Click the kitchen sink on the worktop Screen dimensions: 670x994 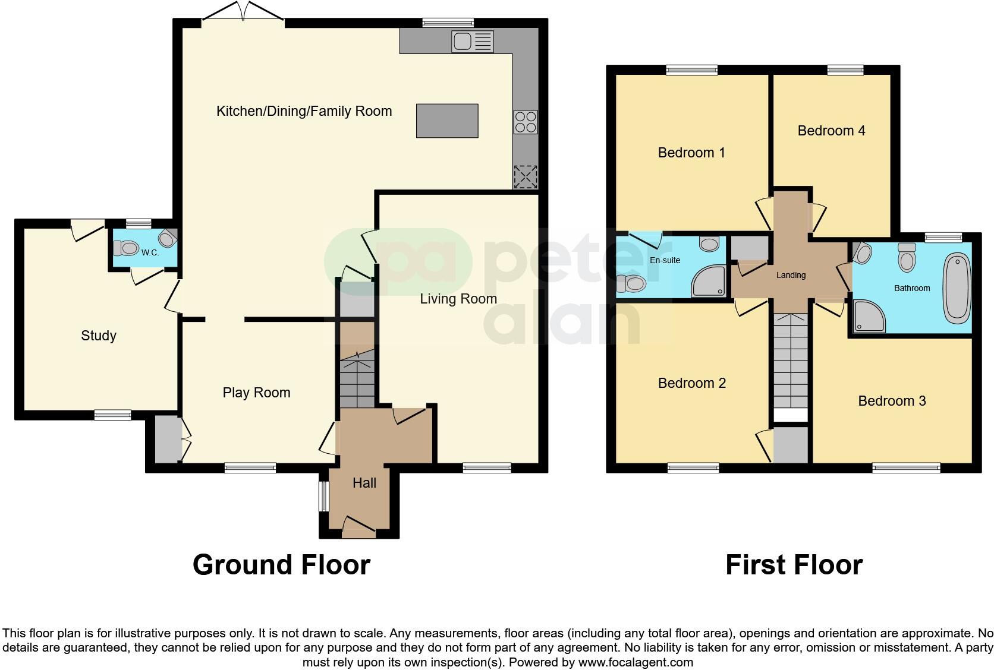tap(473, 41)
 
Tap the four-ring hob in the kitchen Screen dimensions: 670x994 tap(526, 122)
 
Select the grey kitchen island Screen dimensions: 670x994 tap(447, 121)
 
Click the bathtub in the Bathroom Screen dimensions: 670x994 tap(956, 288)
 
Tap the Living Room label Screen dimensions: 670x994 tap(458, 299)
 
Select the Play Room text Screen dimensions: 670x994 tap(256, 393)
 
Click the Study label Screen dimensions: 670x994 tap(99, 336)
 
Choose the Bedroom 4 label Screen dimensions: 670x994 tap(831, 131)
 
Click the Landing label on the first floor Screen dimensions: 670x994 tap(791, 275)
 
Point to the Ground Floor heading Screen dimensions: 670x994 tap(281, 564)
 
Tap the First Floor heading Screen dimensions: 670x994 tap(794, 564)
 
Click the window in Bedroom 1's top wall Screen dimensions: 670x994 tap(691, 70)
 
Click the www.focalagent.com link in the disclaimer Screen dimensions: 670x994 tap(636, 662)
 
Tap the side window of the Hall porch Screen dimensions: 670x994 tap(323, 496)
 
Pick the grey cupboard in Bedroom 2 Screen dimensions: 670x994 tap(791, 445)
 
